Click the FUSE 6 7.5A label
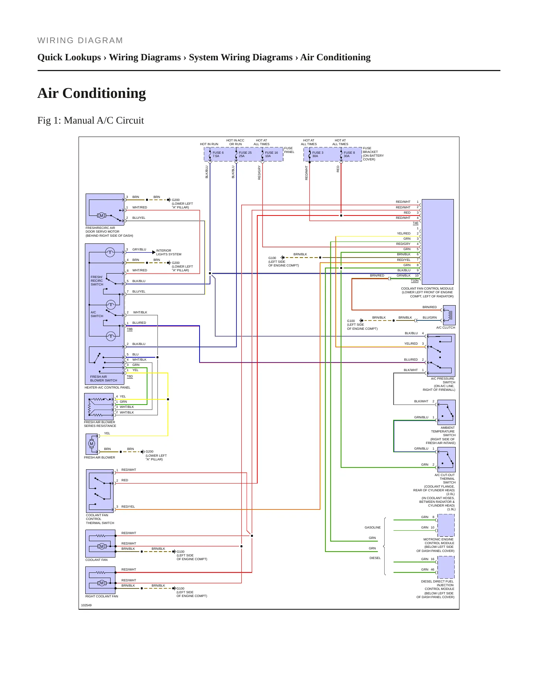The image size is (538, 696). (218, 154)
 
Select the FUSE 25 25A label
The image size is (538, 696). (245, 154)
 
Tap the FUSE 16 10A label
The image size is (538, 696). (271, 154)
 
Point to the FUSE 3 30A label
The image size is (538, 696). (318, 154)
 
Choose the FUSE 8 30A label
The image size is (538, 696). (349, 154)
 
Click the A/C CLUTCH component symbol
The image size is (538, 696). (449, 315)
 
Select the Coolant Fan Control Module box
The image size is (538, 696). (437, 242)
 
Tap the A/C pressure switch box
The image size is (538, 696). (441, 355)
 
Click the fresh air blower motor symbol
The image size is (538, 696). (92, 444)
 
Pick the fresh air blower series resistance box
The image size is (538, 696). (99, 407)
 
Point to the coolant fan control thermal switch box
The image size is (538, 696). (100, 491)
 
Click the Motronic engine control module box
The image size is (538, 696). (446, 525)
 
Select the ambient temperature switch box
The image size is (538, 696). (446, 412)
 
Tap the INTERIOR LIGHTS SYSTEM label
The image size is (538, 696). (169, 252)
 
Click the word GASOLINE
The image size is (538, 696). (373, 527)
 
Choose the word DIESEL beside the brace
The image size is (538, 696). (375, 558)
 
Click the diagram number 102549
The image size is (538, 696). (86, 605)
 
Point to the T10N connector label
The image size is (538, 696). (415, 281)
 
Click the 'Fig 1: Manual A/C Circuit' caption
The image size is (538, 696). (90, 120)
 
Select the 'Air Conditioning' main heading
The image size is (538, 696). (92, 93)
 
